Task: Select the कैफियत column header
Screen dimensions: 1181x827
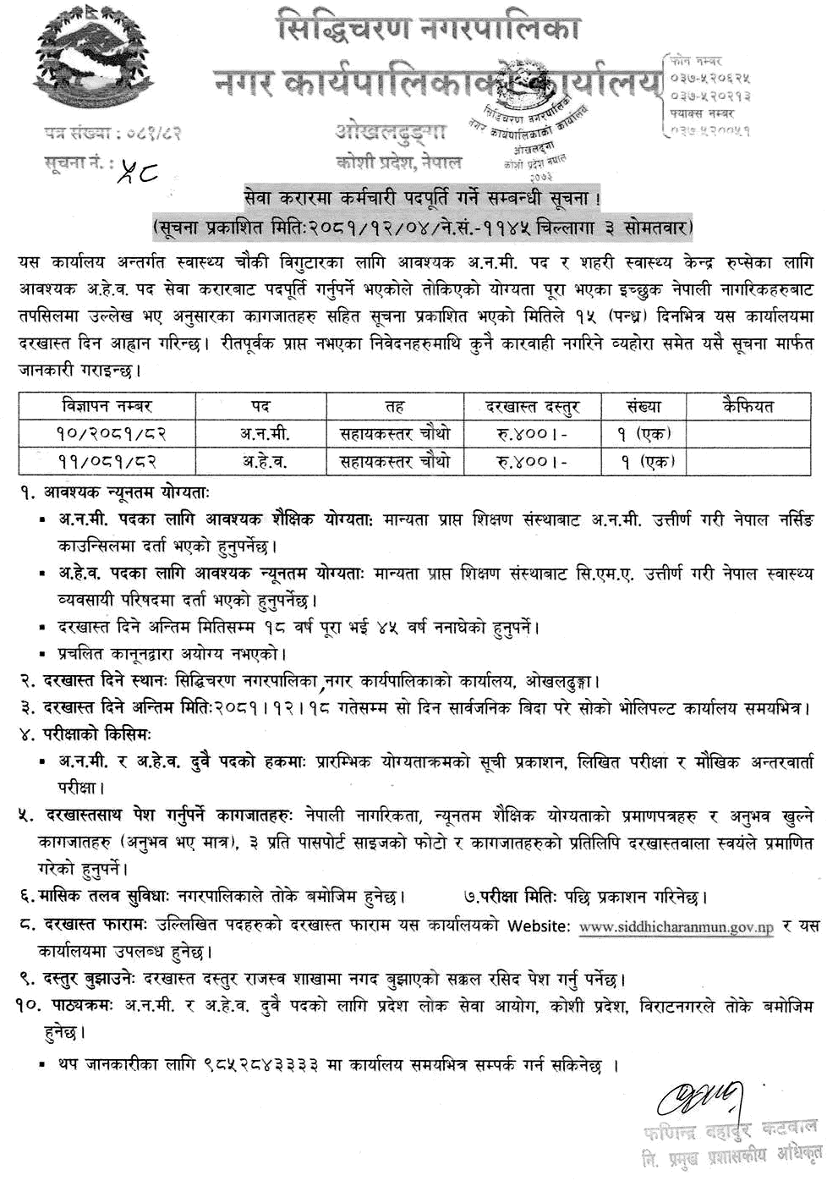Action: (x=748, y=406)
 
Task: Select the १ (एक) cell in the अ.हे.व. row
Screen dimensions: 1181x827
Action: (x=643, y=461)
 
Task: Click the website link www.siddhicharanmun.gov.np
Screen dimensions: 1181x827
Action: (x=676, y=926)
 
